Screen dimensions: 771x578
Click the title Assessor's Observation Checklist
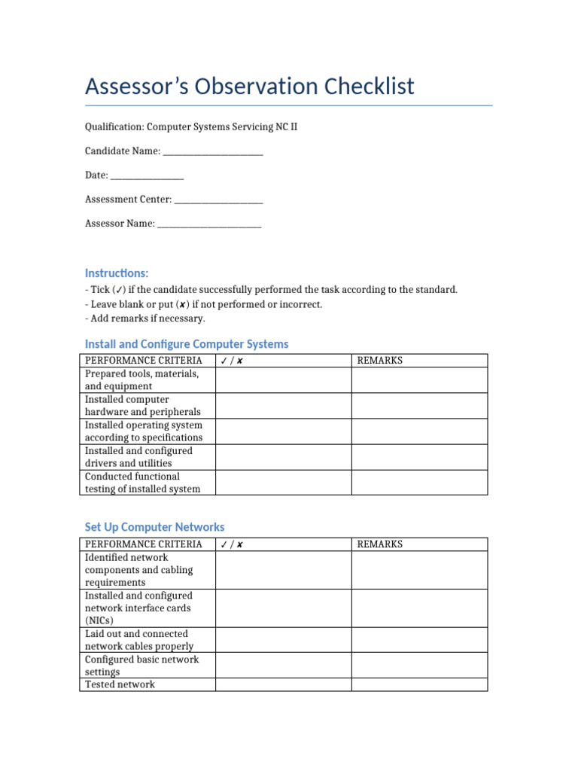pos(249,87)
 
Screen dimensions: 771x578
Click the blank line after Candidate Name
pos(213,152)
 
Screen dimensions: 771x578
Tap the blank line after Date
pos(148,176)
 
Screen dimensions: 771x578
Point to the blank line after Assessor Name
pos(209,224)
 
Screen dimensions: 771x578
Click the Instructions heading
pos(117,273)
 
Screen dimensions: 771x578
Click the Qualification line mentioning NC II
pos(190,127)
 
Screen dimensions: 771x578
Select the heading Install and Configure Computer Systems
pos(187,344)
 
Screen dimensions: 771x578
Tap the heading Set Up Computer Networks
pos(154,527)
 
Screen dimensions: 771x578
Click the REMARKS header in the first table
pos(380,361)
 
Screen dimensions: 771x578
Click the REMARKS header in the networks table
pos(380,544)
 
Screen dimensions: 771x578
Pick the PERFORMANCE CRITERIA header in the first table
pos(144,361)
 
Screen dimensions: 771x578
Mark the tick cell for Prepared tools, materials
pos(283,380)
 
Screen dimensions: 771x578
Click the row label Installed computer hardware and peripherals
pos(143,406)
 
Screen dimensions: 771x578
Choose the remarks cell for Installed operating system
pos(419,431)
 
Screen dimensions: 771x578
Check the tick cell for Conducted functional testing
pos(283,483)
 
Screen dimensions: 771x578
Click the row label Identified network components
pos(139,570)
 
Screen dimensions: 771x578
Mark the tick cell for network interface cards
pos(283,608)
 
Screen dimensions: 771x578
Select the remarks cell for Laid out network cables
pos(419,640)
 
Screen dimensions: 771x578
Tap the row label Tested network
pos(120,684)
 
